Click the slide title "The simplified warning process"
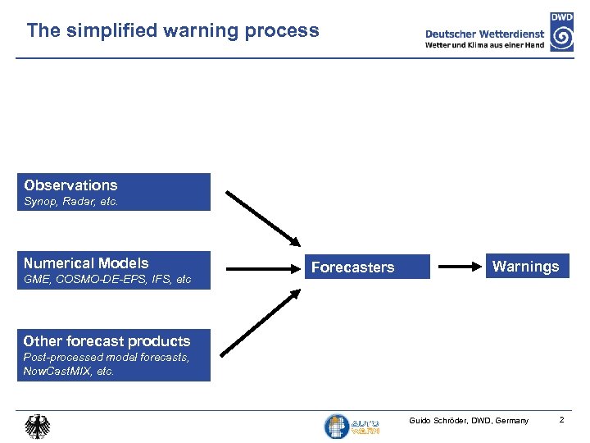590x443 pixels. coord(172,31)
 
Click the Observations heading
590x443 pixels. coord(70,185)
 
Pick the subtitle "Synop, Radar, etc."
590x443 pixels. coord(71,202)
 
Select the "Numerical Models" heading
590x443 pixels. coord(86,263)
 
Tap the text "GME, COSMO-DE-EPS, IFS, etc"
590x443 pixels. coord(107,280)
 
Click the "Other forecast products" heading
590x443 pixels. coord(107,341)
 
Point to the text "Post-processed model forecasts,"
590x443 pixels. coord(107,358)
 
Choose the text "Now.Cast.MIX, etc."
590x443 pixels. coord(69,372)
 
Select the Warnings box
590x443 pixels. coord(525,267)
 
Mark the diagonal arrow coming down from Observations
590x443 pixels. coord(262,217)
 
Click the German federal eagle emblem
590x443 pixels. coord(37,427)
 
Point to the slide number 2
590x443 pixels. coord(562,420)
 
